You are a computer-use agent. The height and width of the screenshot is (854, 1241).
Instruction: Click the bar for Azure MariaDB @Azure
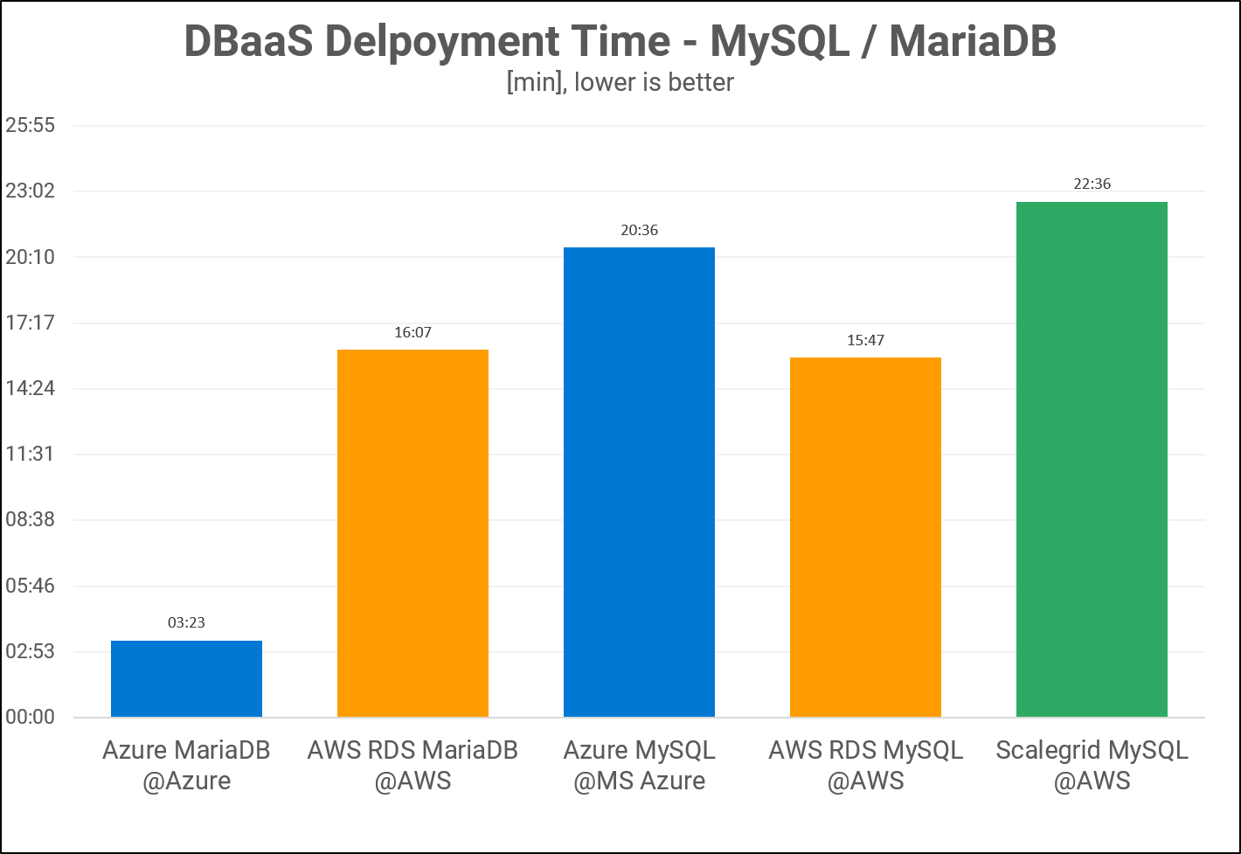click(x=186, y=679)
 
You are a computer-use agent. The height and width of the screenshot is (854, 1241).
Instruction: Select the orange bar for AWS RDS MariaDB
click(x=413, y=533)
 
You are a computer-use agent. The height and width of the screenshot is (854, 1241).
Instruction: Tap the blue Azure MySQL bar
click(x=639, y=483)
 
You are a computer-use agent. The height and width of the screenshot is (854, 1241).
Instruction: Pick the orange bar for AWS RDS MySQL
click(x=865, y=538)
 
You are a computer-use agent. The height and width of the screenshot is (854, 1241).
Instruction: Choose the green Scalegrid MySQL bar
click(x=1092, y=460)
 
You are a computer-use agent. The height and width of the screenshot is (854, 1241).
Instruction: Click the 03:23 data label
click(x=186, y=622)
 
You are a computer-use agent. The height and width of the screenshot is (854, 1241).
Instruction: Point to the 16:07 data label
click(x=413, y=332)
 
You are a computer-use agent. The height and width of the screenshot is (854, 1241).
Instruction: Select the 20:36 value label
click(x=639, y=231)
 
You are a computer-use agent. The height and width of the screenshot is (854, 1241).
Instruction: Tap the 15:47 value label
click(x=865, y=340)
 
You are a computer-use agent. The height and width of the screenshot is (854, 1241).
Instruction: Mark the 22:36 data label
click(x=1092, y=184)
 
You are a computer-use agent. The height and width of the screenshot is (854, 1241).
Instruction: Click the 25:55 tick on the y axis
click(x=31, y=125)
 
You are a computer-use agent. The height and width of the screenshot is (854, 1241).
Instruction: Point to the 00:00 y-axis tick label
click(x=31, y=718)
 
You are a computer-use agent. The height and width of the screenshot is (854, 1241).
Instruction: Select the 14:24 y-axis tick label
click(x=31, y=388)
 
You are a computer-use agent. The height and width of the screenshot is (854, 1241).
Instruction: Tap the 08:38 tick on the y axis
click(x=31, y=519)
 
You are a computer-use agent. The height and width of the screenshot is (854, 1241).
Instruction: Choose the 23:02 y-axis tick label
click(x=31, y=191)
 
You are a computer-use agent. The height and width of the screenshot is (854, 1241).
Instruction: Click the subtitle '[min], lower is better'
click(x=620, y=82)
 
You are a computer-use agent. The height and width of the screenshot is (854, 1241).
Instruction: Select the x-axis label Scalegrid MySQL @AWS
click(x=1092, y=764)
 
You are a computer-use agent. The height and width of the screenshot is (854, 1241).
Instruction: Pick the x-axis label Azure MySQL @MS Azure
click(x=639, y=764)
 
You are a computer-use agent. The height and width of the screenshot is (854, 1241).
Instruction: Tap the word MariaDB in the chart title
click(x=972, y=42)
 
